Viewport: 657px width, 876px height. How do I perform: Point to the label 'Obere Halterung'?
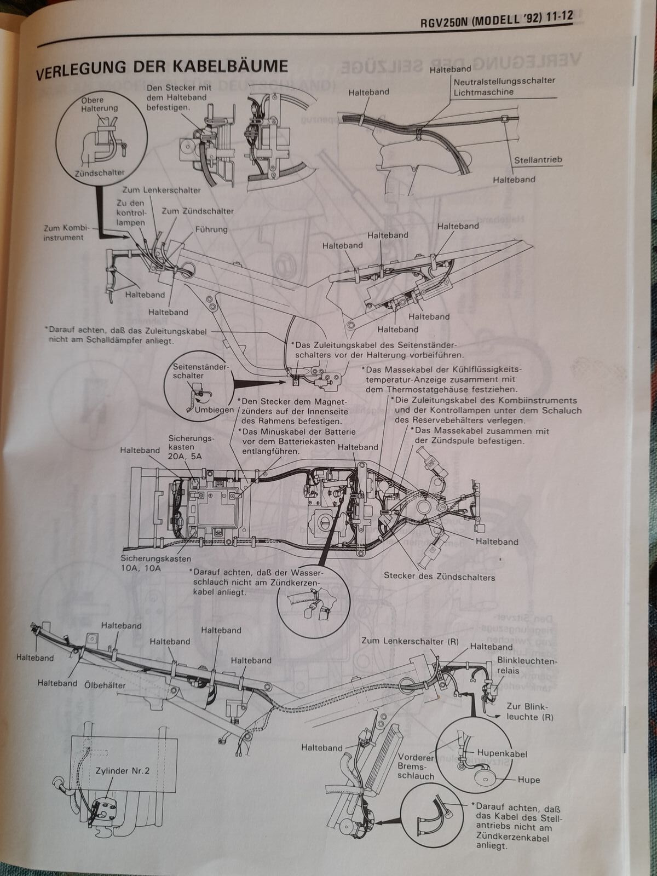coord(99,105)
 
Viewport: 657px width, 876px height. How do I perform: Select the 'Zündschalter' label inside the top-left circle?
coord(100,173)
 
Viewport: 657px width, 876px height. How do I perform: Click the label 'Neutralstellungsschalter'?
coord(504,81)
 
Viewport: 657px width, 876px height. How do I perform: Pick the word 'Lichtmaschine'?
coord(483,92)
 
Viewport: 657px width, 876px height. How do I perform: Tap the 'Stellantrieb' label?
coord(538,160)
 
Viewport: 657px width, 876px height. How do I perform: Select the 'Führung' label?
coord(211,229)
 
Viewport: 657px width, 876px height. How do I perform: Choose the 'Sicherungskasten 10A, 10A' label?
coord(156,564)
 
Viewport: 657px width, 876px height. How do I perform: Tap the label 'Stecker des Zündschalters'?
coord(439,577)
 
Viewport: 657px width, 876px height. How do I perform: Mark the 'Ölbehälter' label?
coord(105,685)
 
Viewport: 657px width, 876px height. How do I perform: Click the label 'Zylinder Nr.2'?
coord(123,770)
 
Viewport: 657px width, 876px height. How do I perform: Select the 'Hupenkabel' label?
coord(502,754)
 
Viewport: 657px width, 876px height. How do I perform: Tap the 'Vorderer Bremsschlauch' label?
coord(416,766)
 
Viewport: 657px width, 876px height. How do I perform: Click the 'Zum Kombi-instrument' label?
coord(64,232)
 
